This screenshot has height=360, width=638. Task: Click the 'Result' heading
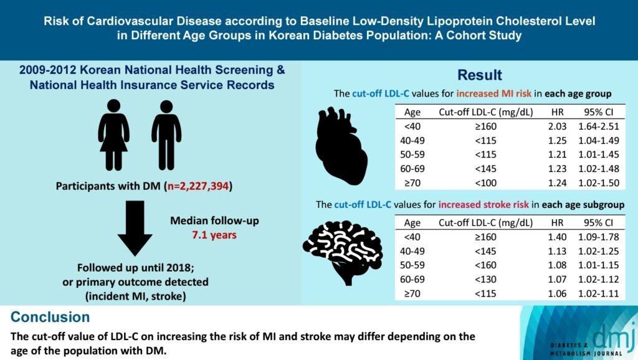coord(480,75)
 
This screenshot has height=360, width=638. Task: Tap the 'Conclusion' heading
coord(50,317)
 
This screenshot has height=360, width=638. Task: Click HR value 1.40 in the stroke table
coord(556,237)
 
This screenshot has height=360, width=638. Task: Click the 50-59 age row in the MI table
coord(414,154)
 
